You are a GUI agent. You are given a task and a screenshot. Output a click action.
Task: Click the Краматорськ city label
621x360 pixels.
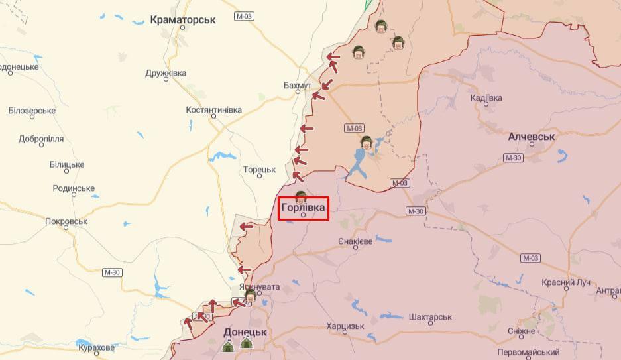[x=183, y=20]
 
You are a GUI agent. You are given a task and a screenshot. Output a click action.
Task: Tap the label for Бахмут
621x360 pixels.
[x=297, y=86]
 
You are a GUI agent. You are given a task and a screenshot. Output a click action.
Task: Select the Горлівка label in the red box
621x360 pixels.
[x=303, y=208]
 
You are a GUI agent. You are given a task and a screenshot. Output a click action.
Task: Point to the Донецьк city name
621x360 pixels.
[x=245, y=332]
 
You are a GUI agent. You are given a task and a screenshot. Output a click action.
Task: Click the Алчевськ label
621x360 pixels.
[x=532, y=137]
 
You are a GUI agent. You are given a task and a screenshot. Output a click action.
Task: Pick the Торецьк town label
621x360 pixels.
[x=259, y=170]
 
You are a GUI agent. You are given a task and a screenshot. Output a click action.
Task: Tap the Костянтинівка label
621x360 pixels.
[x=213, y=109]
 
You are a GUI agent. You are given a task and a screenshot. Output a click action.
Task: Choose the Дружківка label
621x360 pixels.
[x=166, y=73]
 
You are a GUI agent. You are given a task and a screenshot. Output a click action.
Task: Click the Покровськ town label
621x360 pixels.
[x=66, y=221]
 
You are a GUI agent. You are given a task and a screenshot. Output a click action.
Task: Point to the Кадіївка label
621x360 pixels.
[x=486, y=98]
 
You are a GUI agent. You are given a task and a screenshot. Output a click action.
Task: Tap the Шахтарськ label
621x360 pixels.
[x=430, y=318]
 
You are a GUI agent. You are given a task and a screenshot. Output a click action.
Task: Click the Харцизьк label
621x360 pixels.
[x=345, y=326]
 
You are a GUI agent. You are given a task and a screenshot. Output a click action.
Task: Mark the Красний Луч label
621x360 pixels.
[x=565, y=282]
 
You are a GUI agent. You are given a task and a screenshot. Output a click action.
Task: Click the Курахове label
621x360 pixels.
[x=96, y=347]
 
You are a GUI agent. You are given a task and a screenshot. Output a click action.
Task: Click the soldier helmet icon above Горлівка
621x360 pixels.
[x=300, y=196]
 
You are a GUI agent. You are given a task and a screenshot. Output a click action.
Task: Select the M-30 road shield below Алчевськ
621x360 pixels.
[x=513, y=158]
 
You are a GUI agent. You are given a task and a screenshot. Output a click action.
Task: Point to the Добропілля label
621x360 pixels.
[x=41, y=139]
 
